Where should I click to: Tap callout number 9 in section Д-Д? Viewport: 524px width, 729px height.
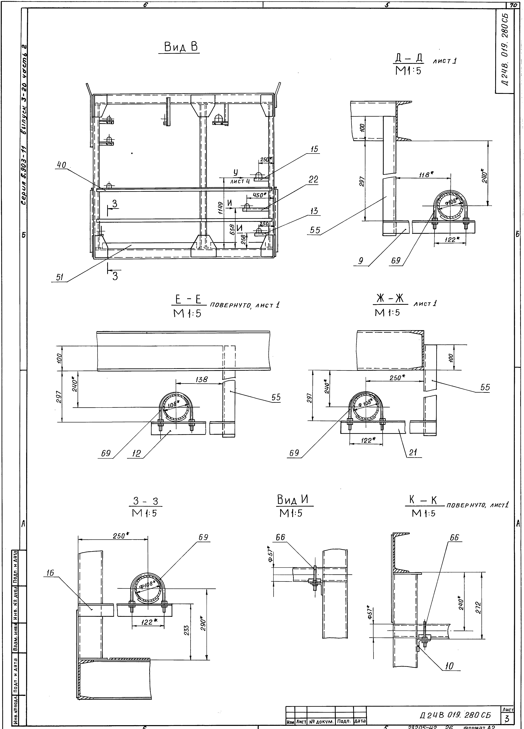click(x=361, y=261)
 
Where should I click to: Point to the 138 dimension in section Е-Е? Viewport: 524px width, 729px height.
click(x=201, y=379)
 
